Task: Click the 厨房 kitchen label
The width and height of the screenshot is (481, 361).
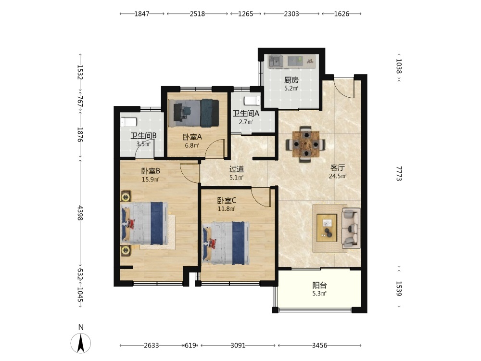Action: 291,80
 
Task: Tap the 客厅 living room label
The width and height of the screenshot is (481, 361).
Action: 338,168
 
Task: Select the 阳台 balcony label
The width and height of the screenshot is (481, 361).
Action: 319,285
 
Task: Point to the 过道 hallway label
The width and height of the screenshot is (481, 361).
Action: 237,169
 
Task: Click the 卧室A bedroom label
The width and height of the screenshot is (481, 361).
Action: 192,137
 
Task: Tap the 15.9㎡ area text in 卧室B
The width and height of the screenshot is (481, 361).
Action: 150,179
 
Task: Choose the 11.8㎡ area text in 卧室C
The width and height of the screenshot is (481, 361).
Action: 227,209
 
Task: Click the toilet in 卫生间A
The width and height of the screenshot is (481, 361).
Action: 252,101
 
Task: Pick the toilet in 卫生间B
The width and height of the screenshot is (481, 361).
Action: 128,122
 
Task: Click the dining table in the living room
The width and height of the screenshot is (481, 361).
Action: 306,144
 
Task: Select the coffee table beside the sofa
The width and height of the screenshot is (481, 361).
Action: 327,228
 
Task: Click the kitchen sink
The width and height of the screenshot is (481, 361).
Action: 276,62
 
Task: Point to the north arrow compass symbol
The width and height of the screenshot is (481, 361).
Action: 81,343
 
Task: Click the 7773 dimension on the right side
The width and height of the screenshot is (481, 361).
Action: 399,173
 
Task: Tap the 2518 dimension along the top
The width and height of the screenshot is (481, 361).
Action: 197,14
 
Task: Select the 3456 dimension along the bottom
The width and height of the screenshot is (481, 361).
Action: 319,345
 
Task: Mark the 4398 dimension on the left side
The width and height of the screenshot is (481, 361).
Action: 80,213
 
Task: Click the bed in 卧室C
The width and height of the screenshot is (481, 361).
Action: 226,243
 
